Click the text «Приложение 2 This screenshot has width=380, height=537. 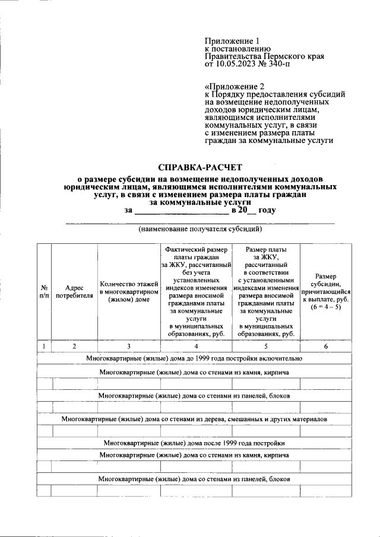click(x=235, y=85)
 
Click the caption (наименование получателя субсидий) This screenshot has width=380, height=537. click(x=192, y=228)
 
